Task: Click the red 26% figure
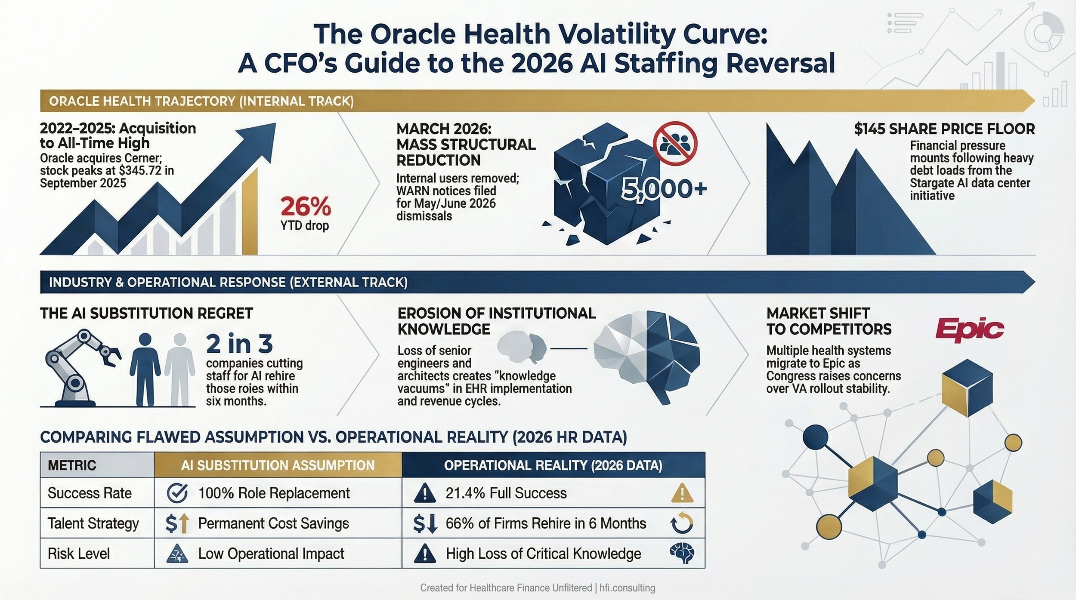306,206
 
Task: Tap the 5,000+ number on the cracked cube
664,189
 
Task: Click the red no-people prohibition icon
675,143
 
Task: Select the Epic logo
969,330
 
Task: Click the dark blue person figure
145,369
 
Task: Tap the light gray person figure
179,369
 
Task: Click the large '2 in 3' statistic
239,344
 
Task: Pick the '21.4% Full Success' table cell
506,493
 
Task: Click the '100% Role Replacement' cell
274,493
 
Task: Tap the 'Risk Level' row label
79,554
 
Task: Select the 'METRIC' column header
72,465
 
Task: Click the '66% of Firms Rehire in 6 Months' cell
546,523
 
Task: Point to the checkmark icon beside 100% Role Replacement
177,493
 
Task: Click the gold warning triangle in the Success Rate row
682,493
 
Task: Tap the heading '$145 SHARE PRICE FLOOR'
944,129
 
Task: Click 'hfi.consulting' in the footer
627,588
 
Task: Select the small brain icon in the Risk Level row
682,554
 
